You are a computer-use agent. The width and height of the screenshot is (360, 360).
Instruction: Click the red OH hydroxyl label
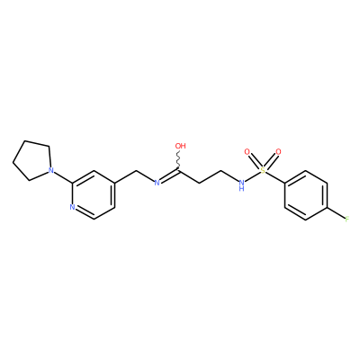(x=180, y=146)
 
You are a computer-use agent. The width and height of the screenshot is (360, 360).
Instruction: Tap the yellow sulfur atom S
(x=263, y=170)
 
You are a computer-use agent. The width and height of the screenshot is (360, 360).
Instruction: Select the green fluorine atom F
(x=347, y=219)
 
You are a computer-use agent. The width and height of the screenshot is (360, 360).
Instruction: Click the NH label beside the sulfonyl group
(x=241, y=185)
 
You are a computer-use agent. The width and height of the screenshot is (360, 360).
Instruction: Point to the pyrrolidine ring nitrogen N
(x=51, y=171)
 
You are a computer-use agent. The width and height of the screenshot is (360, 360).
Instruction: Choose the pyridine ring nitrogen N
(x=72, y=207)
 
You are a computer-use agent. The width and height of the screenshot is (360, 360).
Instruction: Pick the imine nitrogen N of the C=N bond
(x=157, y=183)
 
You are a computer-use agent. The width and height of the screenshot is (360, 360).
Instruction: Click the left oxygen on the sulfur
(x=247, y=152)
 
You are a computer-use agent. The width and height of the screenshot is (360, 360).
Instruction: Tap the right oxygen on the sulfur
(x=278, y=152)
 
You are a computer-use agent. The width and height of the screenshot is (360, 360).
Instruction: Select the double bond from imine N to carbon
(x=169, y=176)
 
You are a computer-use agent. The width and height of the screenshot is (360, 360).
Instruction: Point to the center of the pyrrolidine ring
(x=33, y=160)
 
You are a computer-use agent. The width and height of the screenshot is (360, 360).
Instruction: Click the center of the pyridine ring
(x=94, y=195)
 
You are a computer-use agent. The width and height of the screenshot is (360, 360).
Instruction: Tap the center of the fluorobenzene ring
(x=305, y=195)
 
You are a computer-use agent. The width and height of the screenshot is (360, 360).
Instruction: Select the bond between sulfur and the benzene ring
(x=275, y=177)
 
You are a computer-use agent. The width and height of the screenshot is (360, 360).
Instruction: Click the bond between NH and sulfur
(x=252, y=176)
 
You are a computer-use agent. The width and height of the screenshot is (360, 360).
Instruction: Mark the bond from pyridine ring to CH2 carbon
(x=125, y=177)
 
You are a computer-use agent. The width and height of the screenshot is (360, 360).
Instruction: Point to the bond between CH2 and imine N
(x=145, y=176)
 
